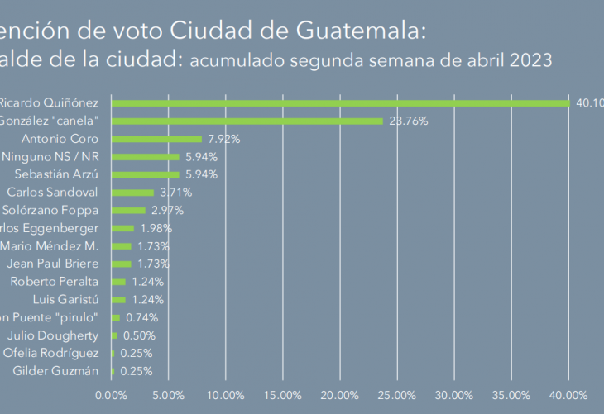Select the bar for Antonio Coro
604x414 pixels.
click(156, 139)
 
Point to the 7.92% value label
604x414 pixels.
click(223, 139)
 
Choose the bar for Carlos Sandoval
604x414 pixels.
click(132, 193)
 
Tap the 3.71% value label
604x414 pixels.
click(175, 193)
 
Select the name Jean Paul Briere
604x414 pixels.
click(52, 264)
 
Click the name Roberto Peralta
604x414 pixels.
click(55, 282)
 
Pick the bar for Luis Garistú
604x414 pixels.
click(118, 299)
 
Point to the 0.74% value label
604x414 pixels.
click(141, 317)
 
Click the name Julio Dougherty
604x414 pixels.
click(53, 335)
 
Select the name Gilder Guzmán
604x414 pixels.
click(56, 371)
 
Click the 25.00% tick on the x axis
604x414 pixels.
click(397, 396)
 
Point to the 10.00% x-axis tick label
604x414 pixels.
click(226, 396)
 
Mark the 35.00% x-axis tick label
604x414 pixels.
click(511, 396)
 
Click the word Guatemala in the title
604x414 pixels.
click(364, 31)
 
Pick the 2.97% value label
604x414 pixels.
click(167, 211)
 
